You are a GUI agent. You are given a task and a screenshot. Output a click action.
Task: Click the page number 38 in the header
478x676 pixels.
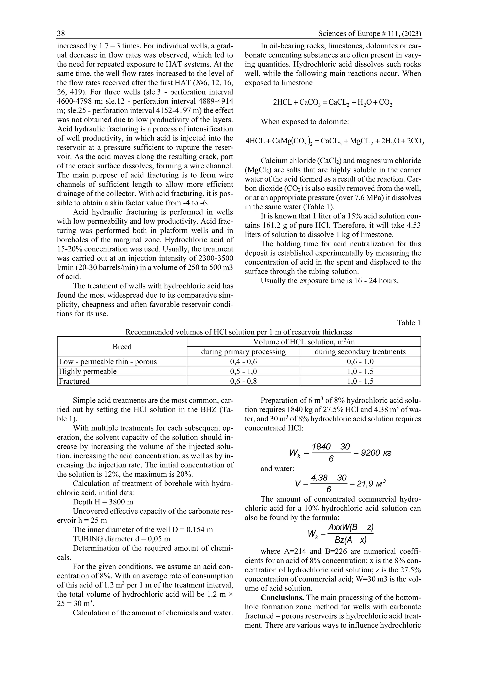(x=61, y=34)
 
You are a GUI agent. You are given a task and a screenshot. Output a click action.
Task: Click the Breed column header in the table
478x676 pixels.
(x=122, y=347)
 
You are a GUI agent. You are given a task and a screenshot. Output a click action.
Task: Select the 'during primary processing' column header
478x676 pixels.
(x=243, y=352)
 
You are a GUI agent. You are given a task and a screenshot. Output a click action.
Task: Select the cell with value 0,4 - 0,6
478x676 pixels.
(x=243, y=362)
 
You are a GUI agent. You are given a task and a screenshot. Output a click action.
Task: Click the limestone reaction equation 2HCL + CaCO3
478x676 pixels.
(x=333, y=103)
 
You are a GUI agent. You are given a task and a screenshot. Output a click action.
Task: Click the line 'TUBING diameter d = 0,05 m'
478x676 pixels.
(x=121, y=539)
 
